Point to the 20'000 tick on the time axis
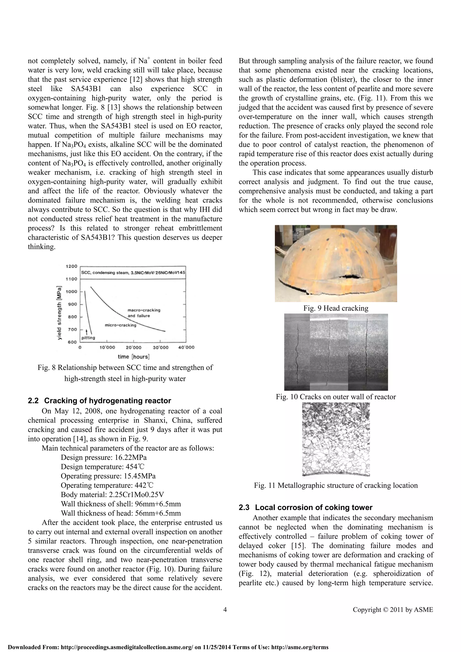[133, 347]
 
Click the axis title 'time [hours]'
[133, 357]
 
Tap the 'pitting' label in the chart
[88, 338]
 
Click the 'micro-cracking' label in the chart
[120, 325]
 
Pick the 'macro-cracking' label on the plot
[144, 310]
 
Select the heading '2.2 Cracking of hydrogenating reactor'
[99, 401]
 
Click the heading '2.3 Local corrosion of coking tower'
[305, 508]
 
